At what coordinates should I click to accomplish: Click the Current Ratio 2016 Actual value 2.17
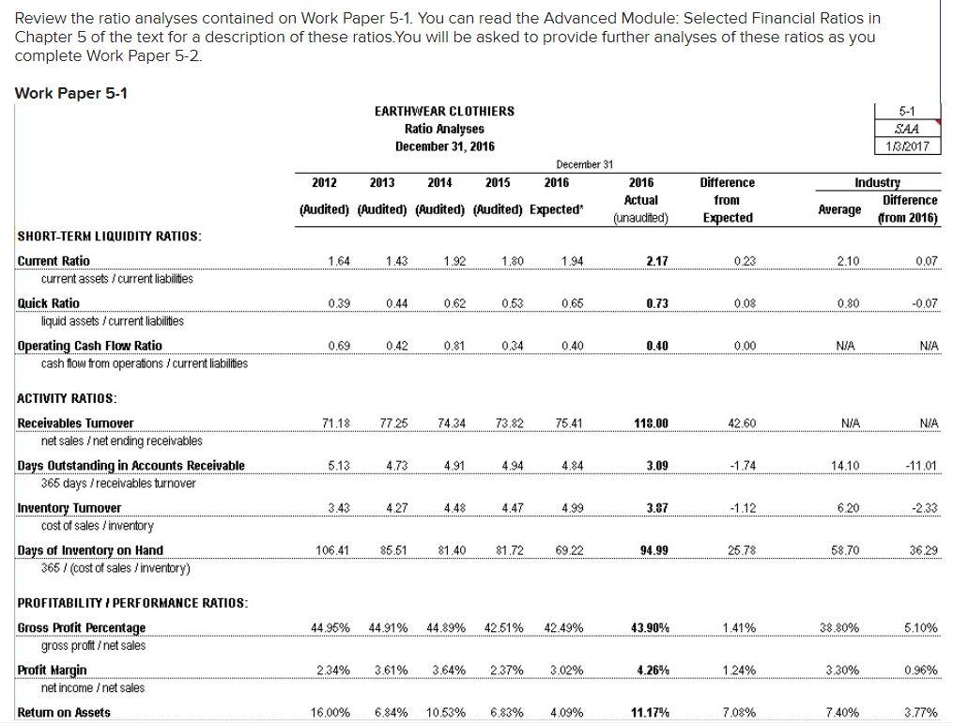click(x=641, y=261)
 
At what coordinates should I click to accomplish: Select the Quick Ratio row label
click(x=49, y=303)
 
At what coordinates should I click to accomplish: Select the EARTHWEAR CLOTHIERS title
click(x=444, y=111)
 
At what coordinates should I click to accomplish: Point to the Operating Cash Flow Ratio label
click(x=90, y=346)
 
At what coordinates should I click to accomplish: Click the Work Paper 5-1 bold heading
click(x=72, y=92)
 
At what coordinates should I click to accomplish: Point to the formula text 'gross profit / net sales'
click(x=93, y=645)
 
